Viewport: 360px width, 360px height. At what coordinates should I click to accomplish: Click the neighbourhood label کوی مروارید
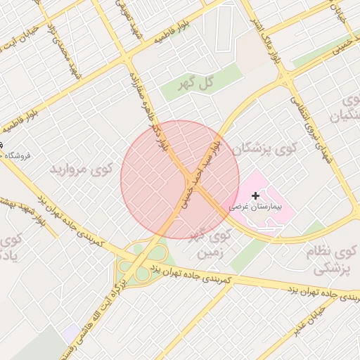click(x=82, y=169)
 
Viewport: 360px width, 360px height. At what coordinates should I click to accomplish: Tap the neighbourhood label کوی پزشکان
click(x=265, y=148)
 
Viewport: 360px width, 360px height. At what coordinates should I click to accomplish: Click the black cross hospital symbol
click(x=255, y=195)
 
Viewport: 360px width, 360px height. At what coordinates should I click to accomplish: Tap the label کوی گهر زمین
click(x=212, y=243)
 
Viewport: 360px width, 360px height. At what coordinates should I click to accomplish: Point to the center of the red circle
click(x=180, y=179)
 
